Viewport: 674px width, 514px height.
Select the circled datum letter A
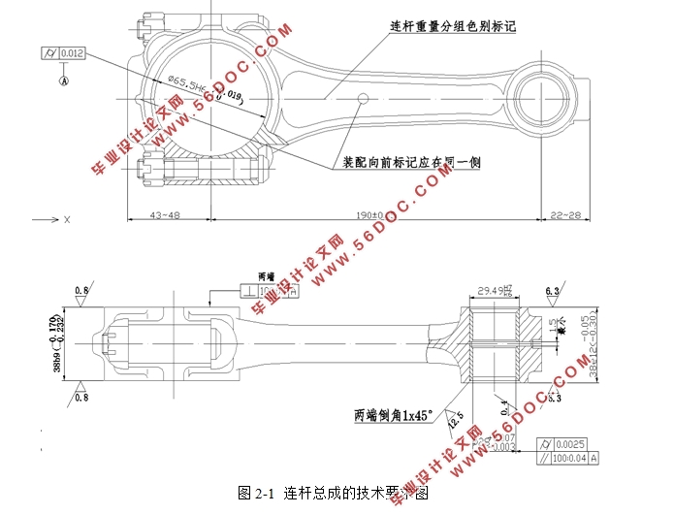click(64, 81)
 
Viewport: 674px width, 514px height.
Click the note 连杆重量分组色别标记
click(451, 26)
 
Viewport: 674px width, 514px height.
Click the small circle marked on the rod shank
click(363, 98)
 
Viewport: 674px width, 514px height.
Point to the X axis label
click(67, 220)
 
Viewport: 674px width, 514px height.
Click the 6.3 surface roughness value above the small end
click(553, 290)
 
